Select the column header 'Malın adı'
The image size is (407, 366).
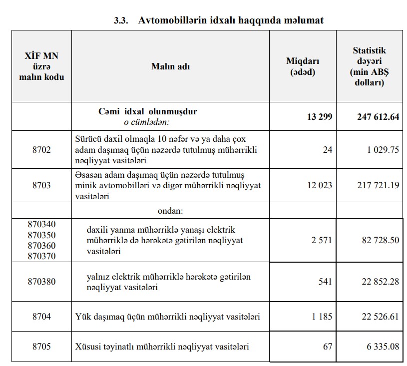[x=170, y=66]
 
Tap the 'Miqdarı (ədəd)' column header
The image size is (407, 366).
[x=302, y=66]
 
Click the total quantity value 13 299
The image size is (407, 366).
[x=320, y=117]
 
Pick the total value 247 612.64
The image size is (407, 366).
[x=378, y=117]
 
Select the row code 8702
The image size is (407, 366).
[x=41, y=149]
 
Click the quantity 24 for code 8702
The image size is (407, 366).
[x=327, y=149]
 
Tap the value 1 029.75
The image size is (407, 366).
[x=382, y=149]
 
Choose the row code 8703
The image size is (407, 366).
[x=41, y=185]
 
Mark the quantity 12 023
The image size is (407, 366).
[x=320, y=185]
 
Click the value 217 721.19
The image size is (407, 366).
[x=378, y=185]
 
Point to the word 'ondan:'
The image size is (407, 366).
[x=171, y=211]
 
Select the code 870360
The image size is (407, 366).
[x=41, y=246]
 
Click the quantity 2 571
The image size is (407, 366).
[x=321, y=240]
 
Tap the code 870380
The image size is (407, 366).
[x=41, y=282]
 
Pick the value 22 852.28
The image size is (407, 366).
[x=380, y=282]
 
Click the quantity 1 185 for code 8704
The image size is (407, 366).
[x=321, y=317]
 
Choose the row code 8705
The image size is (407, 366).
[x=41, y=347]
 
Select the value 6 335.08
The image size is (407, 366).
[x=383, y=347]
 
